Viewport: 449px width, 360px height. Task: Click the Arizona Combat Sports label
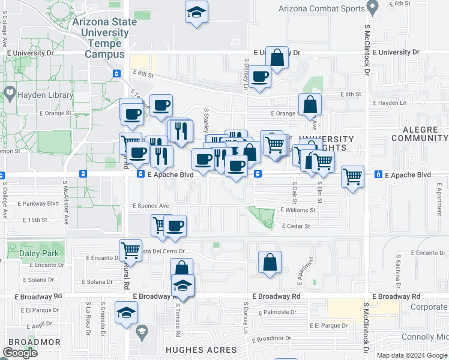click(322, 8)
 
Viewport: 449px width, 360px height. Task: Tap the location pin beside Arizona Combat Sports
click(373, 8)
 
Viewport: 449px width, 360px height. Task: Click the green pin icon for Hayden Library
click(10, 93)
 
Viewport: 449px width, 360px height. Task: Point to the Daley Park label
click(43, 253)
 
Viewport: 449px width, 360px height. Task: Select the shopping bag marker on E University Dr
click(277, 58)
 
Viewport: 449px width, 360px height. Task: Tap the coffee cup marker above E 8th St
click(261, 77)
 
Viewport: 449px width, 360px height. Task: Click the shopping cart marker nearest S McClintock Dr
click(353, 177)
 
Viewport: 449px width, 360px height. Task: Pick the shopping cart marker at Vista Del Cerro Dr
click(130, 251)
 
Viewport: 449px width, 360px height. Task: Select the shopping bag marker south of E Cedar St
click(270, 262)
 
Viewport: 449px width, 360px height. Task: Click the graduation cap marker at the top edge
click(196, 12)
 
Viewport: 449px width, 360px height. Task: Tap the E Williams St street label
click(298, 211)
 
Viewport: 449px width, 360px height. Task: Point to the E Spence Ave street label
click(151, 206)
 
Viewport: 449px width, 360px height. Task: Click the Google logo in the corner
click(20, 353)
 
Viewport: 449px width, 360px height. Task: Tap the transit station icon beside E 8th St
click(116, 73)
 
